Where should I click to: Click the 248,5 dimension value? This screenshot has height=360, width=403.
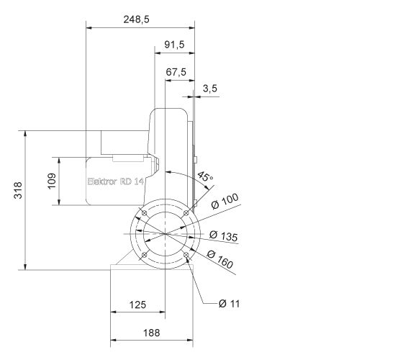coord(136,20)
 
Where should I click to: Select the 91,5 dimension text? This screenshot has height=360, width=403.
coord(175,45)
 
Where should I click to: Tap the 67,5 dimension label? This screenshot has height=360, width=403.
coord(176,72)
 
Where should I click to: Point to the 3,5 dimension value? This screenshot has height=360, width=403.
coord(210,88)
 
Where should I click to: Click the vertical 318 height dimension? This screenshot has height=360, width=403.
coord(19,190)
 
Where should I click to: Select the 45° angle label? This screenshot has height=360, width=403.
coord(206,176)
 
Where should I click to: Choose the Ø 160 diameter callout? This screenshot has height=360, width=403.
coord(220,260)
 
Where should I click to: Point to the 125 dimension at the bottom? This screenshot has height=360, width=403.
coord(137,305)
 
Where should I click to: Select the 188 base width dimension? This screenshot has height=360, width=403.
coord(151,333)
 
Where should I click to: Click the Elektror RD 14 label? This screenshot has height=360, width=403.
coord(115,182)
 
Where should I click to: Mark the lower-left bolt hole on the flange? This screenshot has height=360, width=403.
coord(144,256)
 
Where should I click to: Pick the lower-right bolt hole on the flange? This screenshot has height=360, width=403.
coord(186,256)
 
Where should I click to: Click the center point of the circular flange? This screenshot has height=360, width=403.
coord(165,235)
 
